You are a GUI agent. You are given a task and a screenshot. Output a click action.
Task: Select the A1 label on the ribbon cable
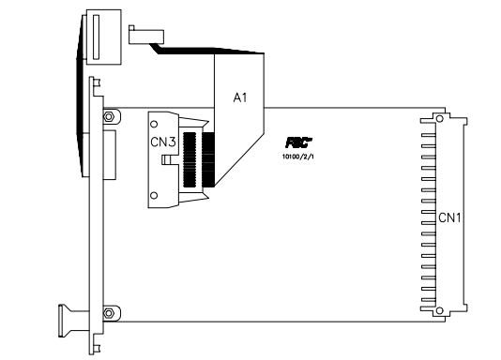pyautogui.click(x=240, y=97)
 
